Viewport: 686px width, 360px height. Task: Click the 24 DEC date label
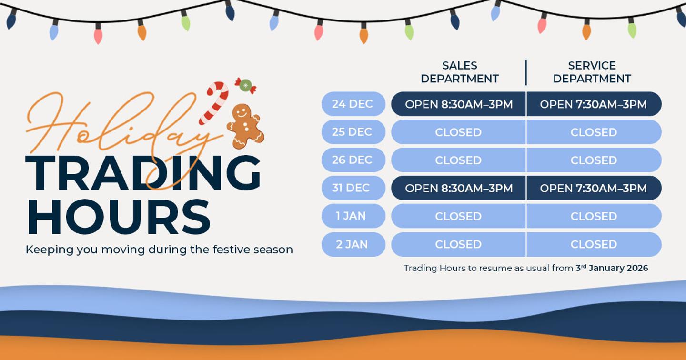click(353, 104)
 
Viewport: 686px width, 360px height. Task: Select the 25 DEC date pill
click(353, 132)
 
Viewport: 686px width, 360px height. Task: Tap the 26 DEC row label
click(353, 160)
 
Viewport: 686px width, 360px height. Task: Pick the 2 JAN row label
click(353, 244)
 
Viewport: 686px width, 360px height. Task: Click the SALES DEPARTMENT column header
click(459, 72)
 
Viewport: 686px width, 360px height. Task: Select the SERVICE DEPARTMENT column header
click(592, 72)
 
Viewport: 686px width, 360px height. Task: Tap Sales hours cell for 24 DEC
click(458, 104)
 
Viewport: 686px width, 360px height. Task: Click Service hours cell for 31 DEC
click(593, 188)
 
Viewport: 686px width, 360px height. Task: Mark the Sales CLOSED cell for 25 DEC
click(458, 132)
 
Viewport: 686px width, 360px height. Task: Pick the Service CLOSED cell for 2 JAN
click(593, 244)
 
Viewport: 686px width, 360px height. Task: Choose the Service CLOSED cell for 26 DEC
click(593, 160)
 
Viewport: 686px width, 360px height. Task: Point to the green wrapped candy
click(245, 85)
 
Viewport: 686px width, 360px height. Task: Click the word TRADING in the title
click(143, 174)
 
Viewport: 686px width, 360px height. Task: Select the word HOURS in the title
click(118, 217)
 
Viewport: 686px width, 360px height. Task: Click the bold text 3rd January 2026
click(612, 268)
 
